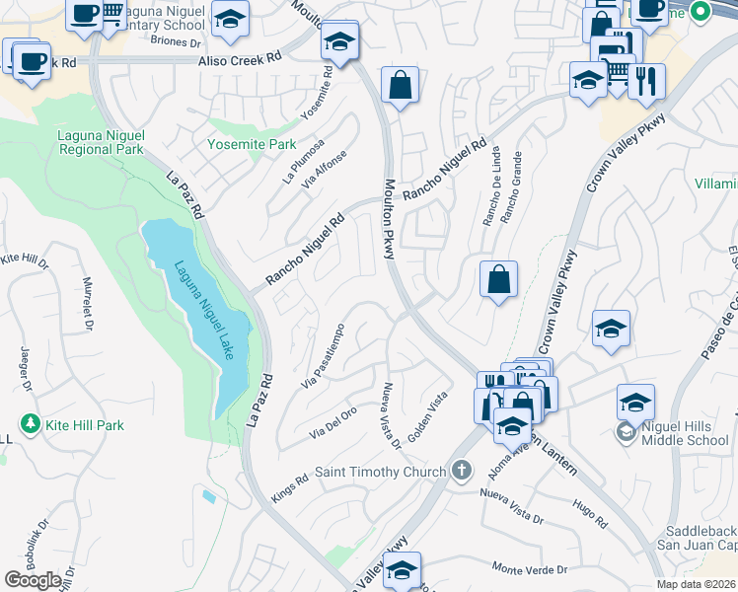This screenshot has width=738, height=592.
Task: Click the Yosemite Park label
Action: click(251, 144)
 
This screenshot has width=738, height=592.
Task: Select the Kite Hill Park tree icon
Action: click(31, 424)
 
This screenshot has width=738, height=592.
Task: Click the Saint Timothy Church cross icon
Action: click(462, 472)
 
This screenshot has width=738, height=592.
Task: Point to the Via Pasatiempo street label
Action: click(326, 355)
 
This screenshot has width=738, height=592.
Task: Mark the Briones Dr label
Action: click(176, 41)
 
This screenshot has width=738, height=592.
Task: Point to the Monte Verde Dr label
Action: click(531, 569)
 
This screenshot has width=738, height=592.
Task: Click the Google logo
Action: click(32, 580)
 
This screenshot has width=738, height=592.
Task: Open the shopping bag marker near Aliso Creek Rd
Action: click(399, 85)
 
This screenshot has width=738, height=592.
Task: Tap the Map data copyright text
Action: click(697, 584)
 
